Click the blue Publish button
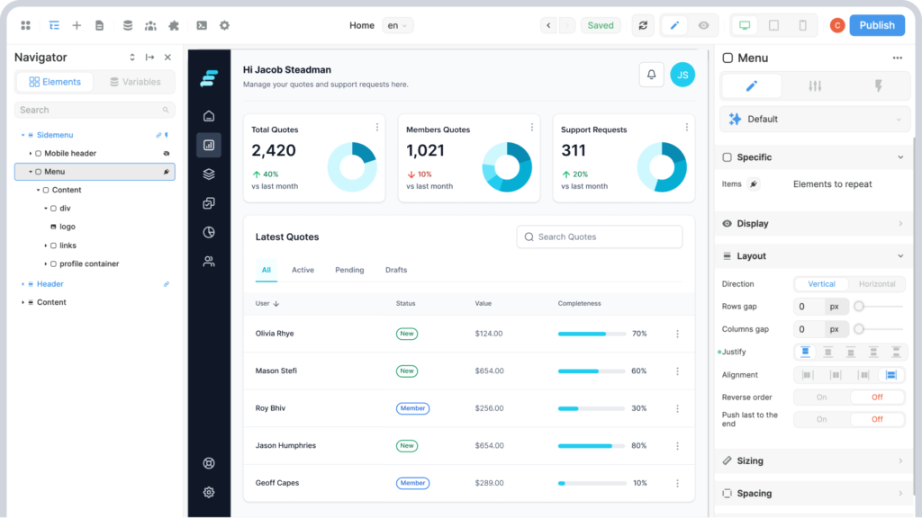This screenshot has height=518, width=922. point(876,25)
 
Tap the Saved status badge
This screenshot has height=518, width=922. point(601,25)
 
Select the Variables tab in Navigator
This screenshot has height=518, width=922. point(135,82)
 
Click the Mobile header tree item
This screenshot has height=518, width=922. point(70,153)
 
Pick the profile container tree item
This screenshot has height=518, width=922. point(89,263)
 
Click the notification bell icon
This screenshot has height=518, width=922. point(652,75)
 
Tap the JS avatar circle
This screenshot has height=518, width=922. point(682,75)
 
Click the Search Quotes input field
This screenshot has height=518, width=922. point(600,237)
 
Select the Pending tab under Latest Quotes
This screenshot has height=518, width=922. point(349,270)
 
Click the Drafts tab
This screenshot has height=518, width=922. point(396,270)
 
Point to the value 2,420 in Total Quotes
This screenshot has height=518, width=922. point(274,150)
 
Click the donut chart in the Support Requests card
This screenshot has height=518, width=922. point(662,166)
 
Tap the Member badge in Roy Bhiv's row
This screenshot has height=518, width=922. point(412,408)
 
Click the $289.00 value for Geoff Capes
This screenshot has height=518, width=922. point(489,483)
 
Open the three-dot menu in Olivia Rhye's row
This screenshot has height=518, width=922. point(677,334)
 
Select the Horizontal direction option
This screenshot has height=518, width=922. point(877,284)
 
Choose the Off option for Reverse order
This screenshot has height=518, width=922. point(877,397)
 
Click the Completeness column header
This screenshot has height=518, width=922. point(579,303)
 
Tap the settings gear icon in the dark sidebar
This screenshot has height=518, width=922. point(209,492)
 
